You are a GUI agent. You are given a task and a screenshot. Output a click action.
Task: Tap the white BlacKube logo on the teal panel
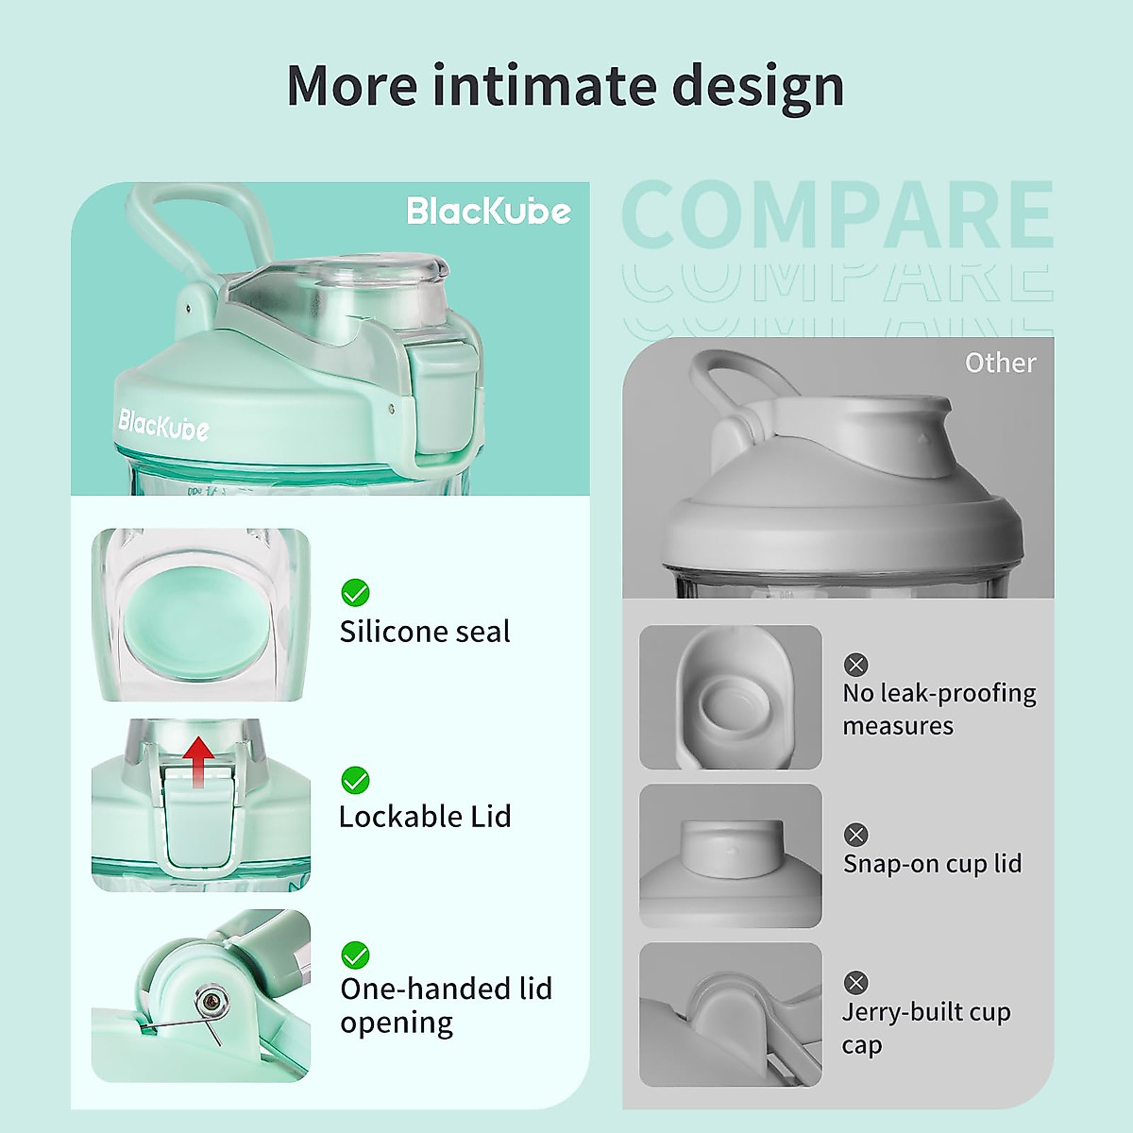tap(488, 211)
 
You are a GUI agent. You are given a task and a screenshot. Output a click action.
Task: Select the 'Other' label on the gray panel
tap(1000, 363)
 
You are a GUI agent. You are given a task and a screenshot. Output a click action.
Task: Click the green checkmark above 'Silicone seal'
tap(355, 593)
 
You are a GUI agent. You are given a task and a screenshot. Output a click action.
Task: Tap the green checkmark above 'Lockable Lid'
tap(355, 780)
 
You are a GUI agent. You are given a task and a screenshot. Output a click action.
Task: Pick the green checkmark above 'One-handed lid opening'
tap(355, 955)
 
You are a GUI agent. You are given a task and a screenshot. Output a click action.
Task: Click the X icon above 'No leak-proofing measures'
tap(855, 665)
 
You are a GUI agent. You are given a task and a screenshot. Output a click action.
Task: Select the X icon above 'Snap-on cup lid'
tap(855, 835)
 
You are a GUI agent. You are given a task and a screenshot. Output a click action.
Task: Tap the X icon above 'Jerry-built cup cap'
tap(855, 983)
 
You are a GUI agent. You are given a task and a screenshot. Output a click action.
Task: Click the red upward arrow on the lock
tap(198, 761)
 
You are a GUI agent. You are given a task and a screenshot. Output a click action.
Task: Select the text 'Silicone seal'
tap(425, 632)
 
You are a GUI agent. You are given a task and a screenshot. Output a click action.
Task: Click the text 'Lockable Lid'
tap(425, 817)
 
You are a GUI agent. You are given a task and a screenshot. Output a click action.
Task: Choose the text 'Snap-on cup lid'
tap(933, 864)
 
